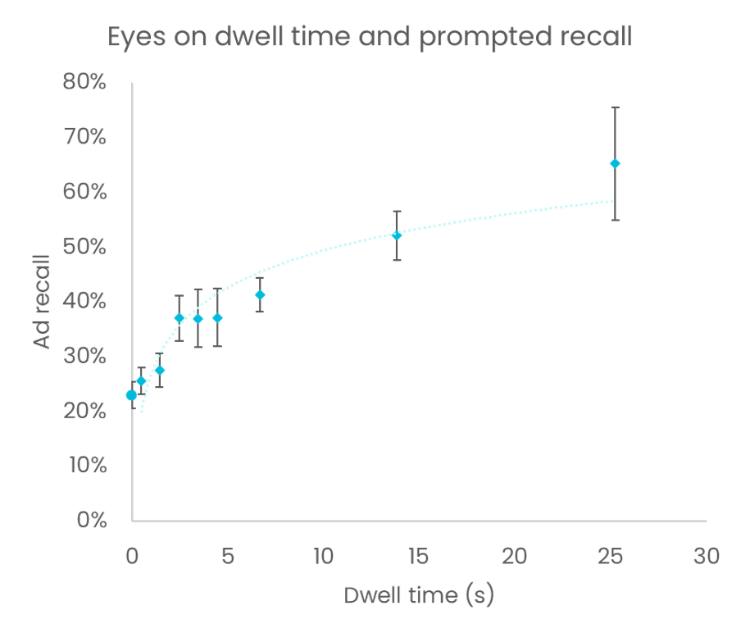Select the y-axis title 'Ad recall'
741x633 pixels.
(x=43, y=301)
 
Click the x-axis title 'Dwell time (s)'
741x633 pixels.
(x=419, y=595)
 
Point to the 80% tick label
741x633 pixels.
(x=84, y=82)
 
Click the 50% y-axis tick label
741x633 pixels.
(x=84, y=247)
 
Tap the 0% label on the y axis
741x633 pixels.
(x=90, y=521)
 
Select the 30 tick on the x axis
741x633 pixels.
(x=706, y=556)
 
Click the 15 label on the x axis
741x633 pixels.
(x=418, y=556)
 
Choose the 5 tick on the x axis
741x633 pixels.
(x=227, y=556)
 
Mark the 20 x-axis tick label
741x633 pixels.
(x=514, y=556)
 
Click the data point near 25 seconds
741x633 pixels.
(x=615, y=164)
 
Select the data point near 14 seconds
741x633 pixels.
(x=397, y=236)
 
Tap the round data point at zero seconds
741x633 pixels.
(x=131, y=395)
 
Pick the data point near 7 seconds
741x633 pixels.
(x=260, y=294)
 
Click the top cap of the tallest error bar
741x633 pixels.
(x=615, y=107)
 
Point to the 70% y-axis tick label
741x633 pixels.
(x=84, y=137)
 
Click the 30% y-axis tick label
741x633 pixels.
(x=84, y=357)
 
